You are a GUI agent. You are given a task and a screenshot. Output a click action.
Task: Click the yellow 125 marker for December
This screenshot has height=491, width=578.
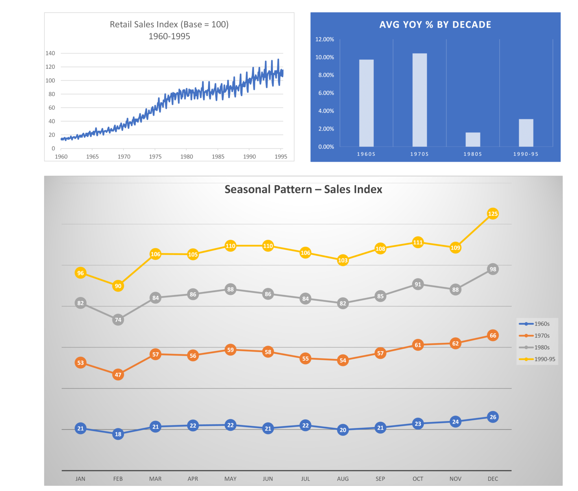tap(493, 214)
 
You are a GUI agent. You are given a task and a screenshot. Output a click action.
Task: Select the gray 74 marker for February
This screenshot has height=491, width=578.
tap(118, 320)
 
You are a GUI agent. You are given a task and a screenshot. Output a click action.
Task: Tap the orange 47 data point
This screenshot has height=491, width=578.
tap(118, 375)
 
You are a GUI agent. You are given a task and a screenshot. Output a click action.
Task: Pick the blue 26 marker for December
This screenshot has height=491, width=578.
tap(493, 417)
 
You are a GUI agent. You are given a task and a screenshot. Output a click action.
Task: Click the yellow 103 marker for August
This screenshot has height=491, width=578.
tap(343, 260)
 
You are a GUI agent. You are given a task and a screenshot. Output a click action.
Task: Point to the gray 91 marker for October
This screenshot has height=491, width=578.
tap(418, 284)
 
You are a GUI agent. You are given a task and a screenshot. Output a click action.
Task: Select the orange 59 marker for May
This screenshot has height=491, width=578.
tap(230, 350)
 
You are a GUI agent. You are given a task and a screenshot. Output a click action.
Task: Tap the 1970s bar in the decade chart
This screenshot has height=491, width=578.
tap(419, 100)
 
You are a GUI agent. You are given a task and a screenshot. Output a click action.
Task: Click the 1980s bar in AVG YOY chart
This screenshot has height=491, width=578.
tap(473, 140)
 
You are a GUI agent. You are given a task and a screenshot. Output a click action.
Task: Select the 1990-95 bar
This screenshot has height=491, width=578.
tap(526, 133)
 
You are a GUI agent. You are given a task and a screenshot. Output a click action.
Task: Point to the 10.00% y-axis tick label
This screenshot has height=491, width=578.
tap(325, 57)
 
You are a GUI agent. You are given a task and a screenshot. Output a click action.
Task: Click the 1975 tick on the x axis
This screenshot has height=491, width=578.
tap(155, 157)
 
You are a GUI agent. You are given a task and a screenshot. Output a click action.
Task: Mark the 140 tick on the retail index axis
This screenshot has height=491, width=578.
tap(50, 53)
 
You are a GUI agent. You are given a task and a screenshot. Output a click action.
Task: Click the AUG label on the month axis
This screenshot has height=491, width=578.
tap(343, 479)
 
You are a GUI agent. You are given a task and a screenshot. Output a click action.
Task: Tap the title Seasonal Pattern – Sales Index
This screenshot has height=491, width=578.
tap(303, 189)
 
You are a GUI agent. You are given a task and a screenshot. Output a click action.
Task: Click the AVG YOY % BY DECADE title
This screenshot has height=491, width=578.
tap(435, 25)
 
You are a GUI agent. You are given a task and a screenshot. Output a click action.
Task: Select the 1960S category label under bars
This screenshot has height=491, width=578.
tap(366, 154)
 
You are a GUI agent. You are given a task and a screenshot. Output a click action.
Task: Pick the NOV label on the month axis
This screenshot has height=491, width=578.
tap(455, 479)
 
